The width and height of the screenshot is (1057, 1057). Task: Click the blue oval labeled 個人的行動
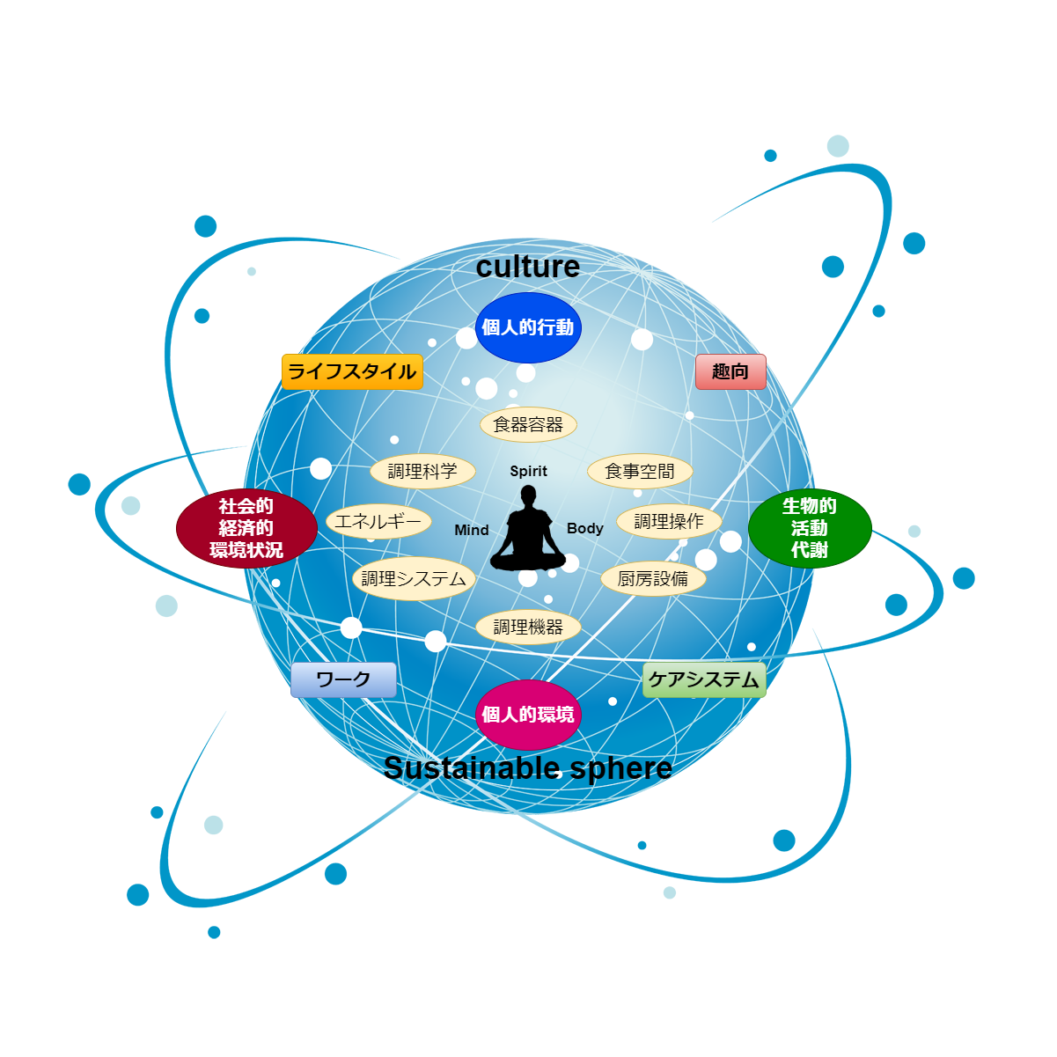[x=528, y=327]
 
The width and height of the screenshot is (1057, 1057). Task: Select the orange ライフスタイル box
[x=352, y=371]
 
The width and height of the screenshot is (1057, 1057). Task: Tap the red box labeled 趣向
[x=730, y=371]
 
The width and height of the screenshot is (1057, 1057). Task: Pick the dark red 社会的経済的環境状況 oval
[x=246, y=528]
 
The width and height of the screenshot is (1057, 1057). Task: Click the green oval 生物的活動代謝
[x=810, y=528]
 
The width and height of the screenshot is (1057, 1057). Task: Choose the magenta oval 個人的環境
[x=528, y=714]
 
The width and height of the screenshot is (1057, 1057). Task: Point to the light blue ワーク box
[x=343, y=679]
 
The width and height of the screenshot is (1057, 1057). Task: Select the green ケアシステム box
[x=704, y=679]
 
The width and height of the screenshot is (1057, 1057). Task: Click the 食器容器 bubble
[x=528, y=425]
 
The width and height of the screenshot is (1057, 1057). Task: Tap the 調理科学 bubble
[x=422, y=471]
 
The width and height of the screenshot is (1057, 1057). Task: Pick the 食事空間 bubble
[x=640, y=471]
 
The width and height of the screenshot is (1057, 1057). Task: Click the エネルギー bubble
[x=378, y=521]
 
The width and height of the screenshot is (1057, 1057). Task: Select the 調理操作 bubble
[x=669, y=521]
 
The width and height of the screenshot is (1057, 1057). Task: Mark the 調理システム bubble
[x=414, y=578]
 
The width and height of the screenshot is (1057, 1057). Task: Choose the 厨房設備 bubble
[x=653, y=578]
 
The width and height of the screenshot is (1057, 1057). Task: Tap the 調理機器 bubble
[x=528, y=627]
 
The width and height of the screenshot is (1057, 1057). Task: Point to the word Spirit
[x=528, y=471]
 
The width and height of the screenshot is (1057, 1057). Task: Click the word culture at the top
[x=528, y=267]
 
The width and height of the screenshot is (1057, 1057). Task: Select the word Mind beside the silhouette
[x=472, y=530]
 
